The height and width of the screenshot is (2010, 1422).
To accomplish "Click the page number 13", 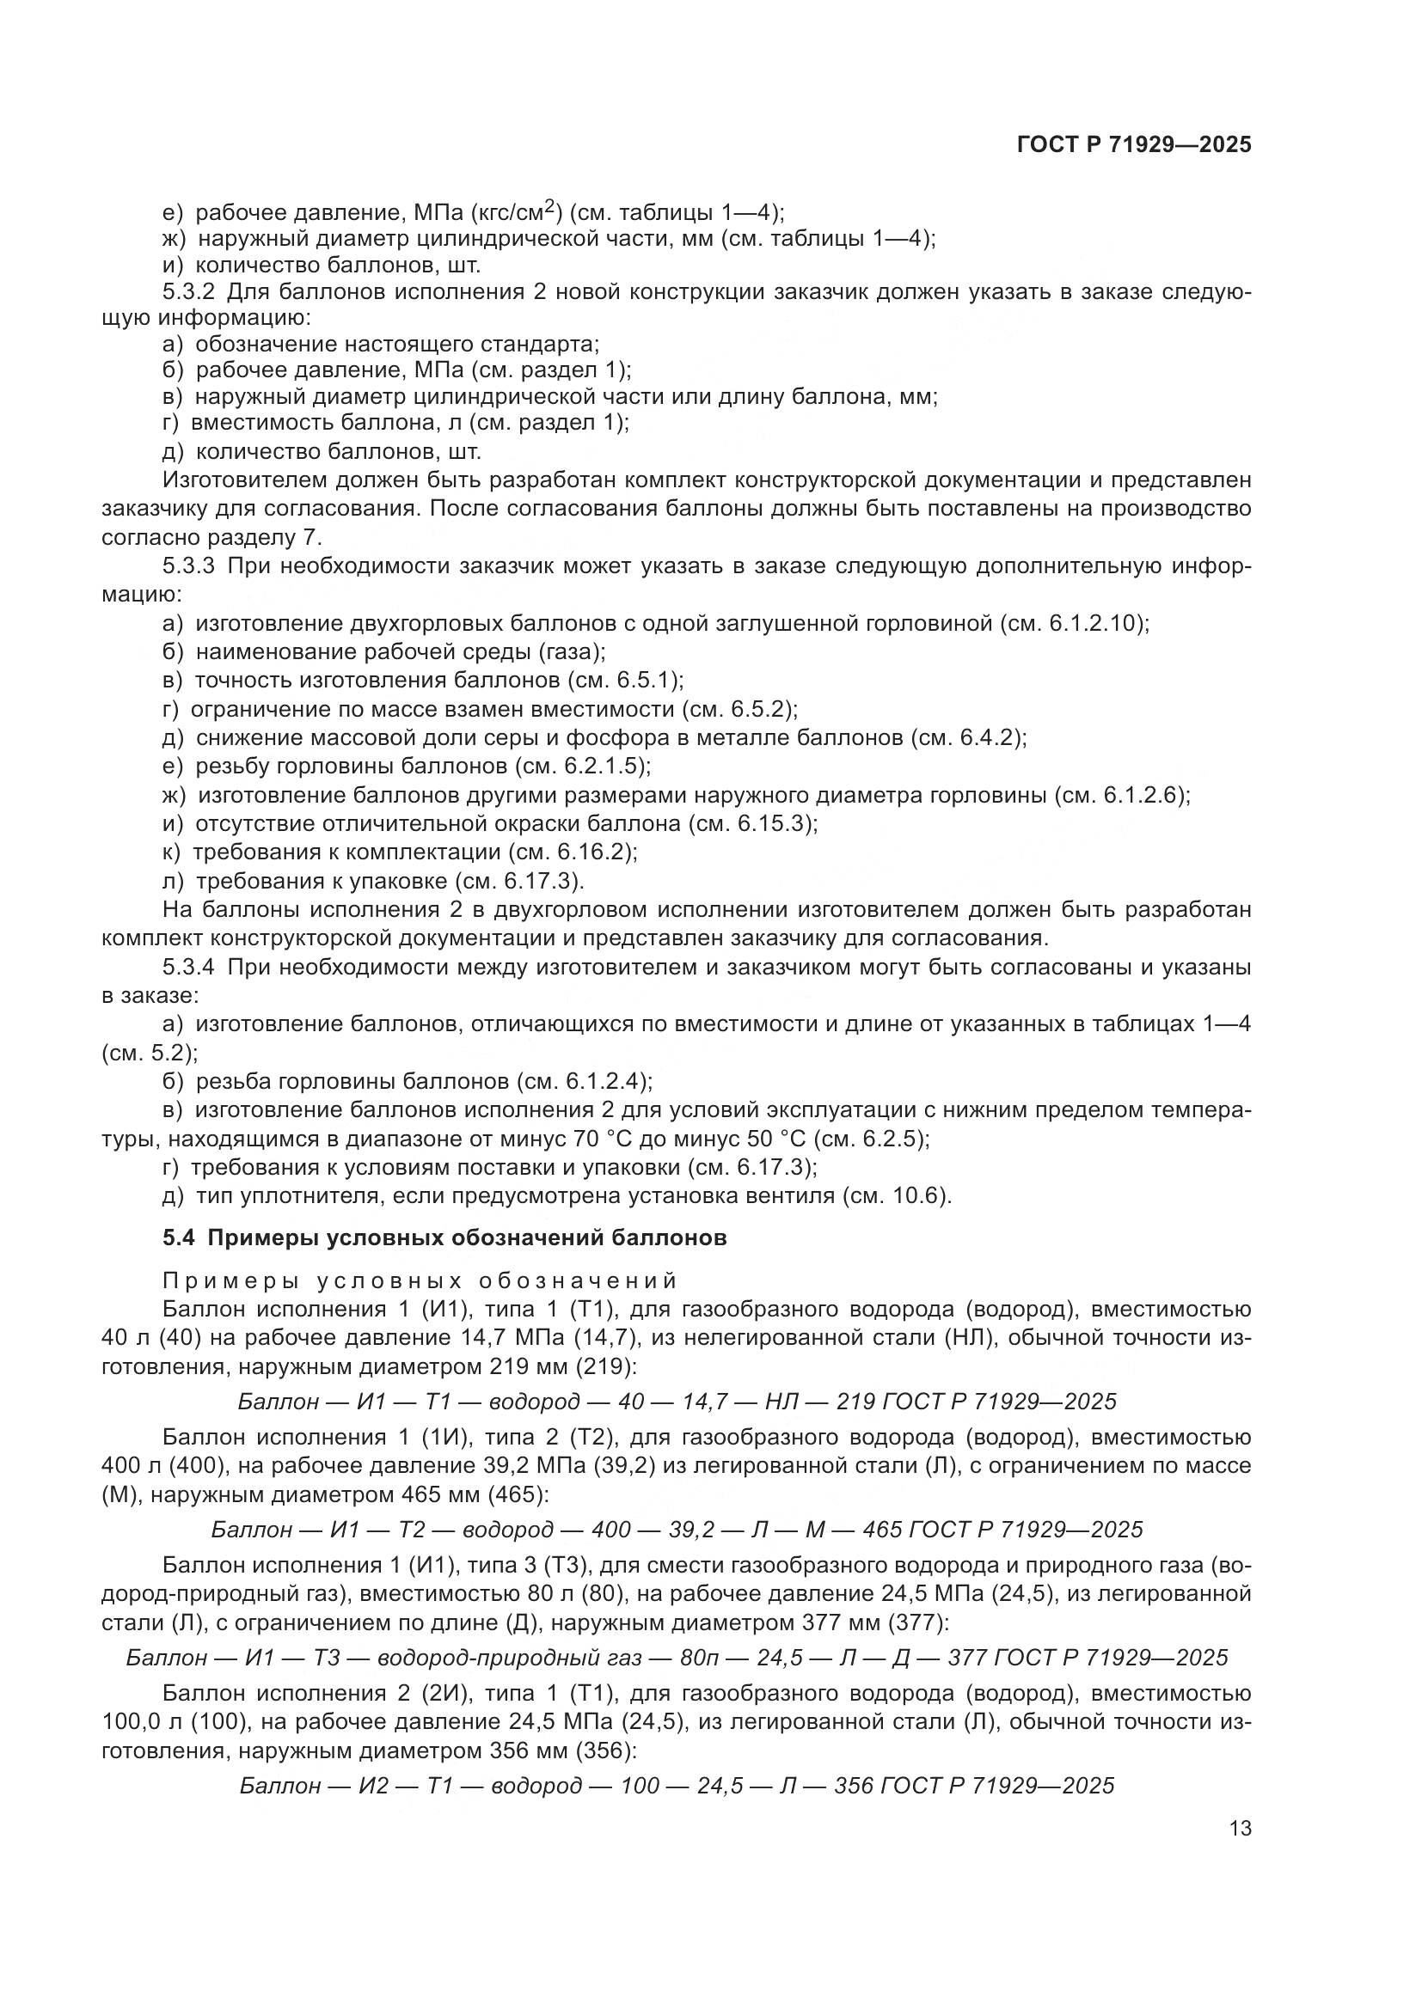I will click(x=1240, y=1829).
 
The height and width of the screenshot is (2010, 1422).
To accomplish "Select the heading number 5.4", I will click(x=178, y=1239).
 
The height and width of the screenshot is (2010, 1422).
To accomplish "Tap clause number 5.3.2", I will click(x=189, y=291).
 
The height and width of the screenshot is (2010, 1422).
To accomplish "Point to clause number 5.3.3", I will click(x=189, y=566).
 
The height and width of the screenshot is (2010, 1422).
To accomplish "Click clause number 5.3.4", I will click(x=189, y=968).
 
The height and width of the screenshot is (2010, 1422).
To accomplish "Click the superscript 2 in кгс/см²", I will click(x=549, y=205).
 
